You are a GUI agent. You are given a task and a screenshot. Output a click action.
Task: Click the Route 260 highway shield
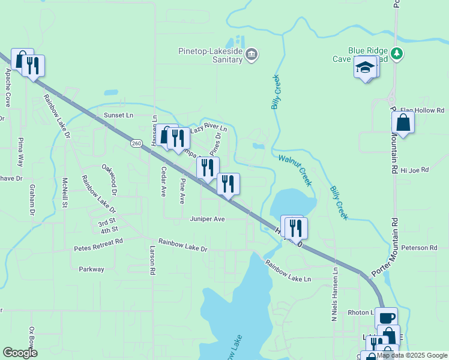point(136,143)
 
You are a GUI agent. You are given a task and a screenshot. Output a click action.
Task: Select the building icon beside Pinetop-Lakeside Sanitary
point(252,55)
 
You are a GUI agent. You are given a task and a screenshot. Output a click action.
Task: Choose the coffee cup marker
point(387,318)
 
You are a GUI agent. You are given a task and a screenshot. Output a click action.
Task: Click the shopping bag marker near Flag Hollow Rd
point(403,122)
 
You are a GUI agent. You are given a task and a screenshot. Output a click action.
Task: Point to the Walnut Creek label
point(295,170)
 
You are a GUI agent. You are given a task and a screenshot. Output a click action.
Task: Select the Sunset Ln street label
point(118,115)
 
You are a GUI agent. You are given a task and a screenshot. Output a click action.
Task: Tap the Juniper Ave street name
point(207,220)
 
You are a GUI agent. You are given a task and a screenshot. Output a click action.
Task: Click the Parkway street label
point(91,269)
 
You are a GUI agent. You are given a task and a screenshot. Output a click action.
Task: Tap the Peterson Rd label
point(419,248)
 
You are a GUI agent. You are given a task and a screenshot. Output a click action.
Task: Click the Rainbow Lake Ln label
point(289,270)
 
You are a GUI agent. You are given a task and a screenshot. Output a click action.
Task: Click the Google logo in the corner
point(20,353)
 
